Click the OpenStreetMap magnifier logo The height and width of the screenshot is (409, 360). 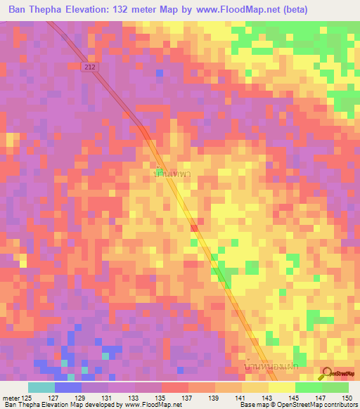[x=326, y=375]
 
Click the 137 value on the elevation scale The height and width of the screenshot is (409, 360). [x=188, y=398]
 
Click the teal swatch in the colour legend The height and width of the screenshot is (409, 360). [x=41, y=387]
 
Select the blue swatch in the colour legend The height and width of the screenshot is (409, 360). [x=68, y=387]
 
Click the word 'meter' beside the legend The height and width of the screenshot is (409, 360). [x=11, y=398]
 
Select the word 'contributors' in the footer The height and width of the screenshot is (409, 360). [x=338, y=405]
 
